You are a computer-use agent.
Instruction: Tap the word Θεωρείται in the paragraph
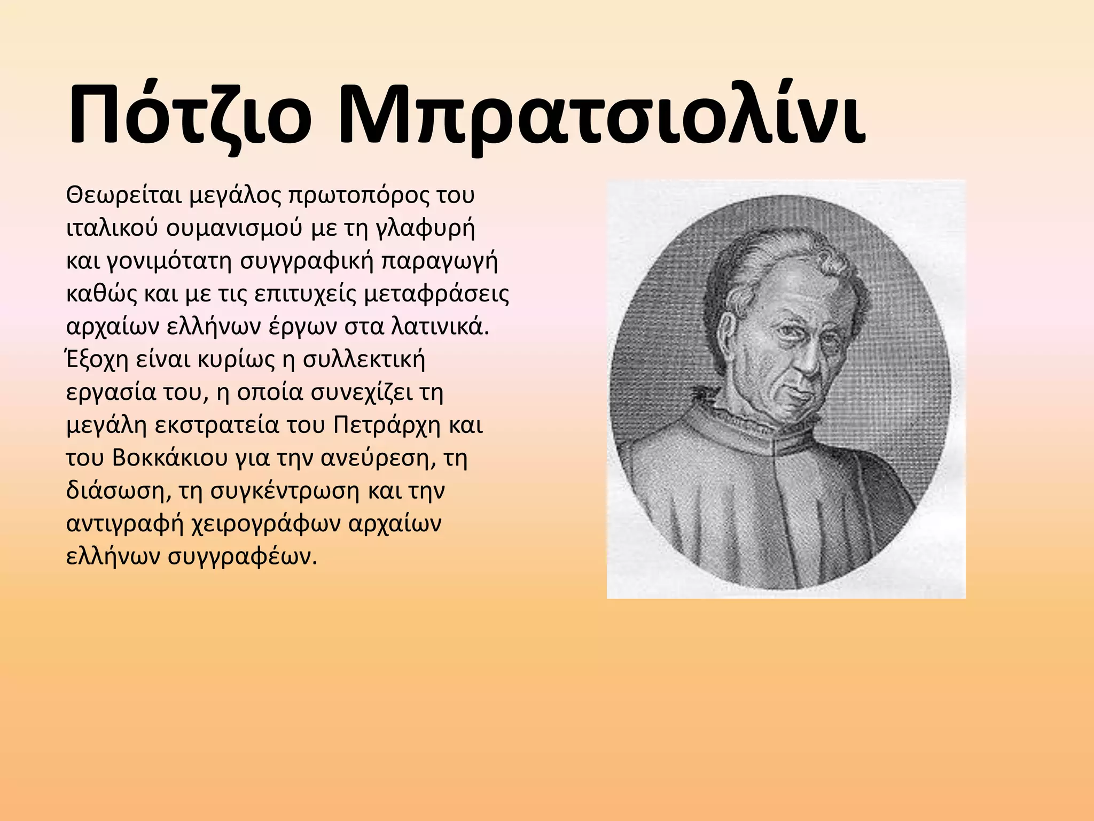click(x=124, y=196)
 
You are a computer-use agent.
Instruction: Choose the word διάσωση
click(x=115, y=492)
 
